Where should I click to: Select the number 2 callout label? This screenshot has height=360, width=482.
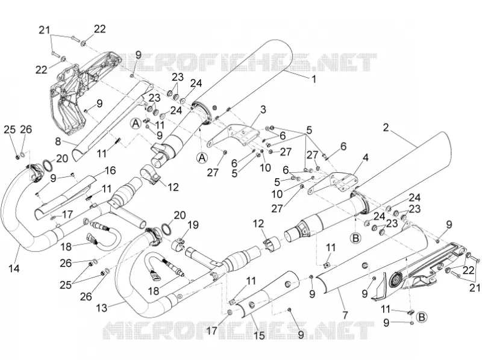click(386, 128)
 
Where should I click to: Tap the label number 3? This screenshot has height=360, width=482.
click(263, 110)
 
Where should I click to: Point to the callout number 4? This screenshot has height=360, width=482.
click(366, 158)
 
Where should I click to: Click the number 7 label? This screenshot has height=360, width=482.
click(345, 315)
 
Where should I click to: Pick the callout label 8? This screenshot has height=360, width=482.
click(58, 141)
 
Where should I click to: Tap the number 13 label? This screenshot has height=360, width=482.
click(102, 308)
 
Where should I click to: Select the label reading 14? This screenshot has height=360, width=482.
click(14, 268)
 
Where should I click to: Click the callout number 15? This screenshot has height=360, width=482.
click(260, 335)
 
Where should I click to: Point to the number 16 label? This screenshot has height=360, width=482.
click(110, 170)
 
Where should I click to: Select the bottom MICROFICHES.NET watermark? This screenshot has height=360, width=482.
click(238, 331)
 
